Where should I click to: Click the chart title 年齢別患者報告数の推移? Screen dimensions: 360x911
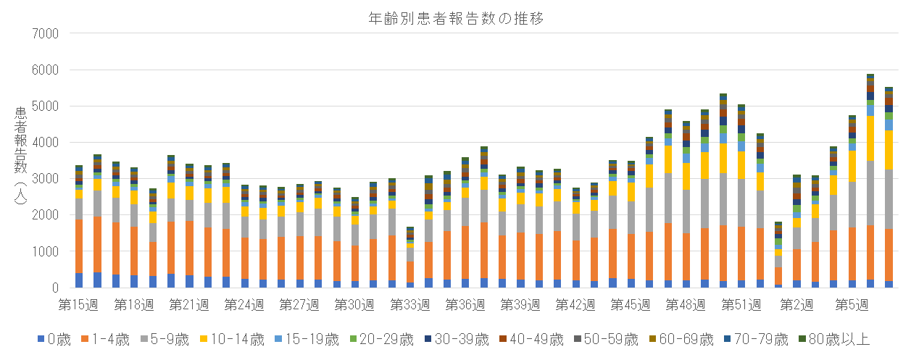(456, 19)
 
